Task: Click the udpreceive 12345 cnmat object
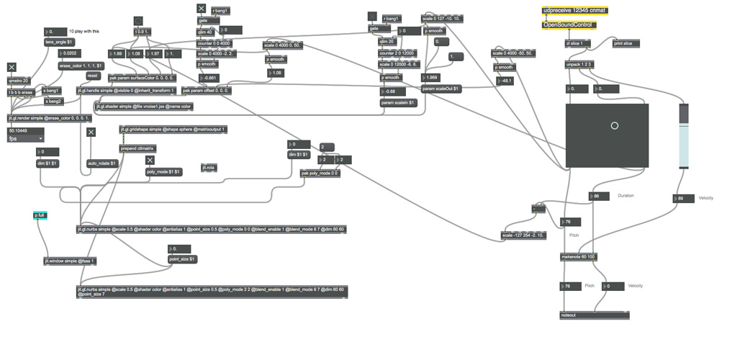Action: [574, 11]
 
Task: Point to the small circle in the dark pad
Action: [614, 125]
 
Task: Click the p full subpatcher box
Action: [40, 215]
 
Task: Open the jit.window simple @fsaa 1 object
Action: [69, 261]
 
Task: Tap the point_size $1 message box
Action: [181, 258]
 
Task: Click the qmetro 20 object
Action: [19, 81]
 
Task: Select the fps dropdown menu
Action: [26, 138]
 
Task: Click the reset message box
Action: [92, 75]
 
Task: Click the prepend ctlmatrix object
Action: [137, 148]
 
